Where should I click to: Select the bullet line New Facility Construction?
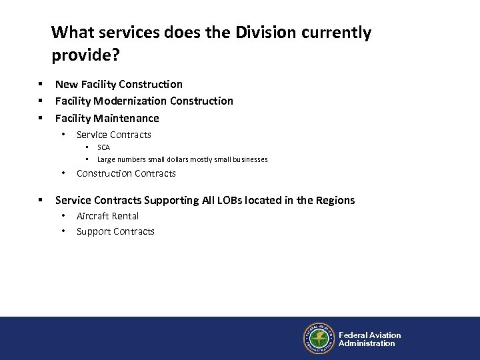pyautogui.click(x=119, y=84)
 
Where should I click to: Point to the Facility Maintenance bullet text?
pyautogui.click(x=107, y=118)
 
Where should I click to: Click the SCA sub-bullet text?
pyautogui.click(x=103, y=147)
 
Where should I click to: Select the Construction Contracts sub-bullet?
pyautogui.click(x=126, y=173)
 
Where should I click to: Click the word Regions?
pyautogui.click(x=335, y=200)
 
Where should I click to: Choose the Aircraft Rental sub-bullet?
pyautogui.click(x=107, y=216)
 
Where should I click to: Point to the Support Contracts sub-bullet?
pyautogui.click(x=115, y=231)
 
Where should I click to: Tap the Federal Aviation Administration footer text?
pyautogui.click(x=369, y=339)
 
